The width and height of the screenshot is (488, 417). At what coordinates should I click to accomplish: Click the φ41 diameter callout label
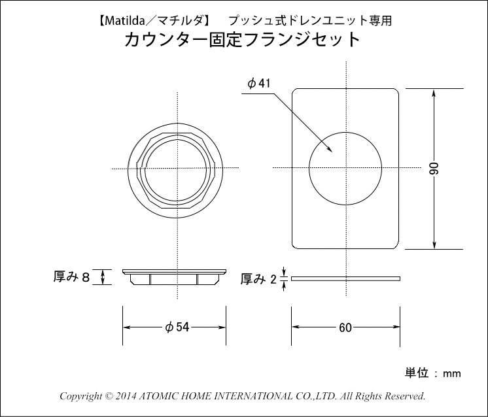[x=259, y=84]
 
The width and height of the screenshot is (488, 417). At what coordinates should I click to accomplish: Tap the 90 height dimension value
[x=435, y=169]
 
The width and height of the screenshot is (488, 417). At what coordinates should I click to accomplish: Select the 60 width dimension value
[x=345, y=327]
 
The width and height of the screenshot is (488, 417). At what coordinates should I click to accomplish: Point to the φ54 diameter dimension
[x=177, y=327]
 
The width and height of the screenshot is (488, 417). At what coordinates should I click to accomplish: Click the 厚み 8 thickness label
[x=72, y=276]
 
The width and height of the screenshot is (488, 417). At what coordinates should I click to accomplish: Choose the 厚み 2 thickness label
[x=258, y=279]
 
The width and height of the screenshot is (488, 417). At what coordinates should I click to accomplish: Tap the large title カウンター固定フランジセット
[x=243, y=39]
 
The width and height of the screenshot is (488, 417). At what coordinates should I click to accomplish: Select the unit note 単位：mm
[x=433, y=373]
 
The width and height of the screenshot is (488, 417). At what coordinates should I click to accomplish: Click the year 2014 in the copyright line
[x=126, y=396]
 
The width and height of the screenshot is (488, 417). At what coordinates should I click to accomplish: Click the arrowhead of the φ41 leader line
[x=330, y=150]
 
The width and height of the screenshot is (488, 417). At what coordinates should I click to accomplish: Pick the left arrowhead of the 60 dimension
[x=296, y=327]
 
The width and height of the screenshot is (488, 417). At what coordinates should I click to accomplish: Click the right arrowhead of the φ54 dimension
[x=222, y=327]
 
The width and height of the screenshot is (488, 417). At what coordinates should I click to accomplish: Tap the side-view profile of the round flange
[x=174, y=277]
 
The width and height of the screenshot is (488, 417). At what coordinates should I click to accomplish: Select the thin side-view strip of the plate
[x=345, y=278]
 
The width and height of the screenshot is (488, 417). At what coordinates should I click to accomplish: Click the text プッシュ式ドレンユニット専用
[x=310, y=21]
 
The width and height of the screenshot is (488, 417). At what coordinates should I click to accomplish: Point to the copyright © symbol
[x=109, y=396]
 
